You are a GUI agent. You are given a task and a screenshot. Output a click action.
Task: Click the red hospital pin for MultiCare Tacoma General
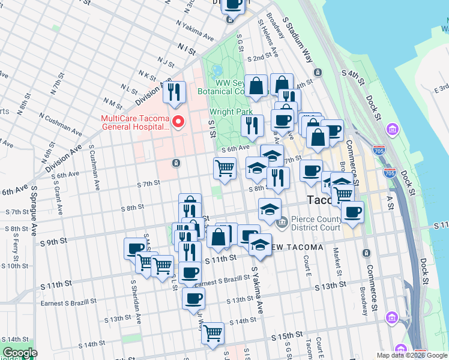(178, 122)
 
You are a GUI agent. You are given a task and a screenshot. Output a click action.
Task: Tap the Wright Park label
(228, 112)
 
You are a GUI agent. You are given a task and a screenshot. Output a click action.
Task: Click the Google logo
(19, 353)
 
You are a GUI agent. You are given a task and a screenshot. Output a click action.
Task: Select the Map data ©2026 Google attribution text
(412, 355)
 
